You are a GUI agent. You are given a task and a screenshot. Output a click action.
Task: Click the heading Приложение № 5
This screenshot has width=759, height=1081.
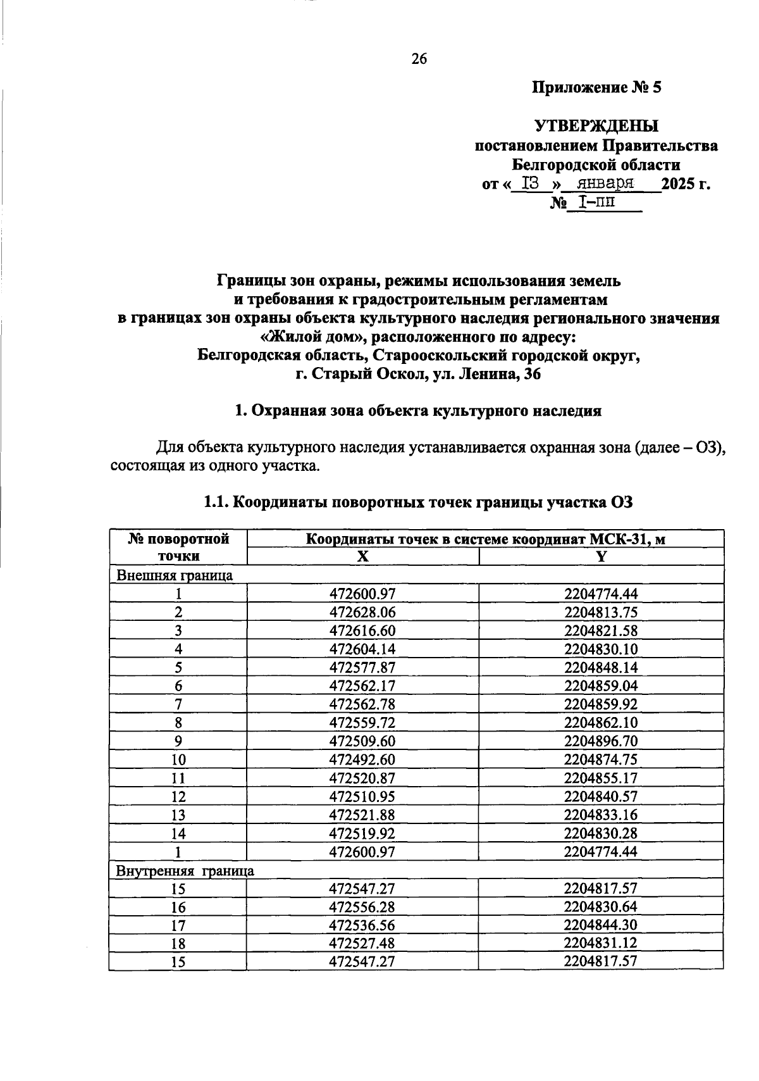(x=596, y=87)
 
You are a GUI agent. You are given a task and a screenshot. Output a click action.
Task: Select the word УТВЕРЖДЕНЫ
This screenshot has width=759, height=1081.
(x=596, y=126)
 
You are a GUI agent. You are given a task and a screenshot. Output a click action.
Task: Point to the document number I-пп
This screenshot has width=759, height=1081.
(x=595, y=202)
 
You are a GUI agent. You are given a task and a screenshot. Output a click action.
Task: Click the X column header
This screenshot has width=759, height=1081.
(x=362, y=556)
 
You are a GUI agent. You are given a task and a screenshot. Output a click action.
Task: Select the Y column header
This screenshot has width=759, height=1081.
(x=601, y=556)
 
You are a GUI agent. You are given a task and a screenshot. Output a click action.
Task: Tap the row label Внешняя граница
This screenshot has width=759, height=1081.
(x=175, y=575)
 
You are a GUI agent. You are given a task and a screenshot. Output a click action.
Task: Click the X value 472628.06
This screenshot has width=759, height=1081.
(x=362, y=612)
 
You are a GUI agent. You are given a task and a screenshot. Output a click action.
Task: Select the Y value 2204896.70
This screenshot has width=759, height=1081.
(x=601, y=741)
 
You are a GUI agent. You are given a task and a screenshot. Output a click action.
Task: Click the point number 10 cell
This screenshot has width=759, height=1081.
(x=178, y=759)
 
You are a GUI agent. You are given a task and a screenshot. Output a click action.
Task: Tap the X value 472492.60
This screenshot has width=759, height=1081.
(x=362, y=759)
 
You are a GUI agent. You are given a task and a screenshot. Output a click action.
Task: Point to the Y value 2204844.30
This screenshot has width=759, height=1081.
(x=601, y=925)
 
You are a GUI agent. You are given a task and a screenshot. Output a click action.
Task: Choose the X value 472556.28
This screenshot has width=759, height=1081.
(x=362, y=907)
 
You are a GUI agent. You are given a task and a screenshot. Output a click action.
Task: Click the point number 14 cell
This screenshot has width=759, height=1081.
(x=178, y=834)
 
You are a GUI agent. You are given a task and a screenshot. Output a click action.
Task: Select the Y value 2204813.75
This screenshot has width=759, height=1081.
(x=601, y=612)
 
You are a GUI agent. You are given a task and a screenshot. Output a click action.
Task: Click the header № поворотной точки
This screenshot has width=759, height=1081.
(x=178, y=547)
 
